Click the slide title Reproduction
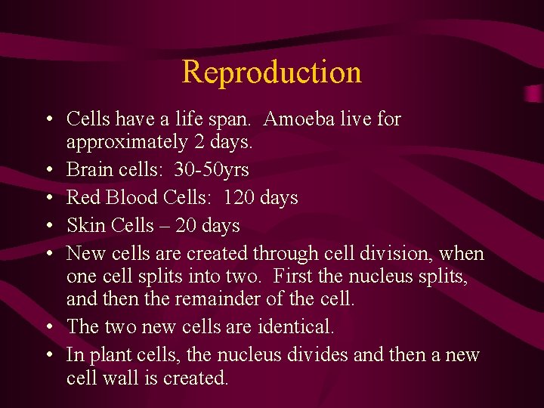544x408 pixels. pyautogui.click(x=272, y=73)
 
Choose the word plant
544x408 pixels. pyautogui.click(x=108, y=355)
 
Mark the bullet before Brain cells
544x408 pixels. pyautogui.click(x=48, y=170)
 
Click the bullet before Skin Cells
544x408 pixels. pyautogui.click(x=48, y=226)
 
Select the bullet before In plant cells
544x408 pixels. pyautogui.click(x=48, y=355)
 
